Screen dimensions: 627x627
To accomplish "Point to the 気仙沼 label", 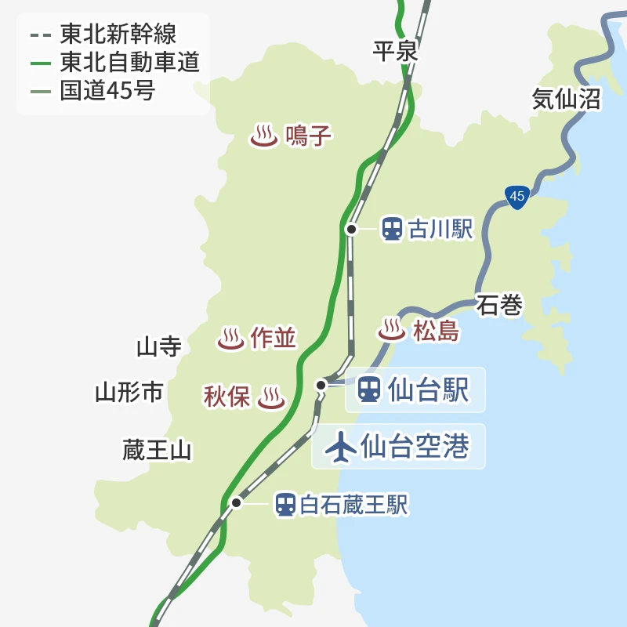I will tap(566, 99).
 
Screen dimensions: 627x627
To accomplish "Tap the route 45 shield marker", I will tap(516, 197).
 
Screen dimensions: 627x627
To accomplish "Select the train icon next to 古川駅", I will tap(392, 229).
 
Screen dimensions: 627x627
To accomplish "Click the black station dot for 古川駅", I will tap(352, 229).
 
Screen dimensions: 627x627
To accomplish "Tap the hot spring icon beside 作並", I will tap(230, 338).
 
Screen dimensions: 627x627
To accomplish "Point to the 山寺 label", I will tap(159, 346).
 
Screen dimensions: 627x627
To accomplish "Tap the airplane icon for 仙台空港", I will tap(340, 447).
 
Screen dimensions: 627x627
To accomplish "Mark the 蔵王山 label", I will tap(157, 451).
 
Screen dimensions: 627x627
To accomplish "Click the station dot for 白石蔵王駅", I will tap(236, 502).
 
